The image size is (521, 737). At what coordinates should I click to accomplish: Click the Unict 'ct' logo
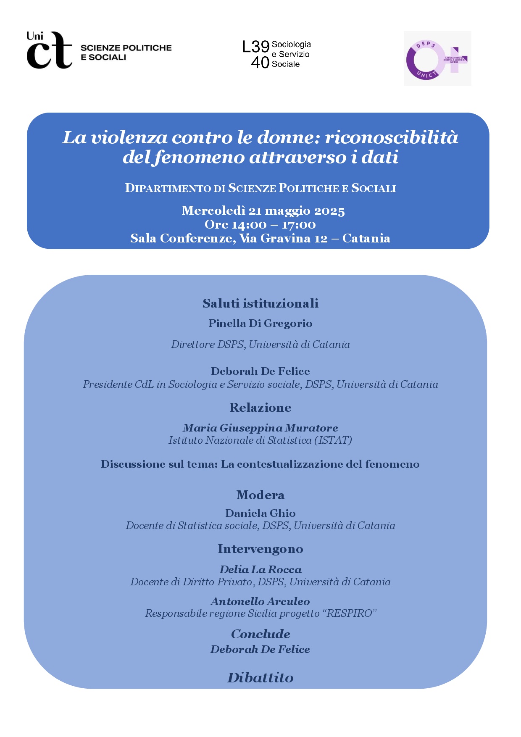49,50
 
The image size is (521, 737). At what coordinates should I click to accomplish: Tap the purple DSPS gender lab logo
437,59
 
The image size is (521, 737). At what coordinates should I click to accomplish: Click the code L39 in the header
255,46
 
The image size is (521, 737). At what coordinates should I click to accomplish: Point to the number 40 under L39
260,63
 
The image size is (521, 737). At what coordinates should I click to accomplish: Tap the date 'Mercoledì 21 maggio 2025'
263,211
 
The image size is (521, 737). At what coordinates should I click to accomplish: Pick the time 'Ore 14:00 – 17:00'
260,224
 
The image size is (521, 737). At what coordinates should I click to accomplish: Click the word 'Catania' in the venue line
366,238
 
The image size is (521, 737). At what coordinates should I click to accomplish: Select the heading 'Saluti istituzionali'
260,303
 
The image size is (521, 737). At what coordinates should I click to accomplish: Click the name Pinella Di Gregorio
260,323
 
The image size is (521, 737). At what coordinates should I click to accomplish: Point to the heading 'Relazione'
260,408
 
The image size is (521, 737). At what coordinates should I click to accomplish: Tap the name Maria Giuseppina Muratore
260,428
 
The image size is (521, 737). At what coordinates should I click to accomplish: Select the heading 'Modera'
260,495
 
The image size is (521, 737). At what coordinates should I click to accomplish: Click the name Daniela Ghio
260,513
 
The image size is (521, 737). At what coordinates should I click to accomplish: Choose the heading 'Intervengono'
260,549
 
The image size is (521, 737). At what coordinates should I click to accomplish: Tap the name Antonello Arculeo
260,601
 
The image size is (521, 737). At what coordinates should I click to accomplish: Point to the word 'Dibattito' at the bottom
260,677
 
